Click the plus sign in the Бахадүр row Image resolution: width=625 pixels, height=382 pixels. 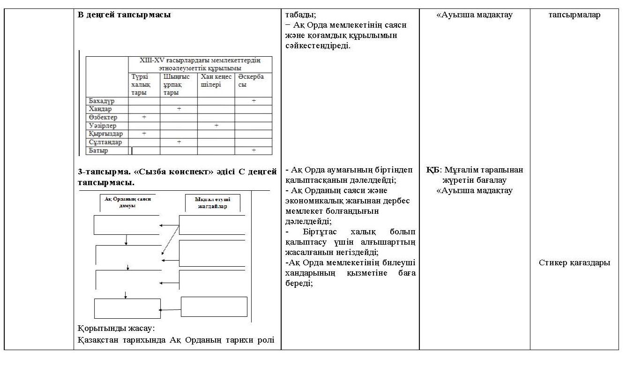(253, 101)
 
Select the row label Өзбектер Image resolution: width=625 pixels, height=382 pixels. (103, 117)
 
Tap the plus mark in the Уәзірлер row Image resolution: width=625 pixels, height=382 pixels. (216, 126)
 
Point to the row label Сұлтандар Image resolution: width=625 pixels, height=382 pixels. (105, 142)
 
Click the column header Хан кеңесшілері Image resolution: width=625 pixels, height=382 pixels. (216, 81)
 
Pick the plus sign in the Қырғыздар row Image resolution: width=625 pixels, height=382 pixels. (144, 134)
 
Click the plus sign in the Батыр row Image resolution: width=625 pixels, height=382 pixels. (253, 150)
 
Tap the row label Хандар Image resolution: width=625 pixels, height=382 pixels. (100, 109)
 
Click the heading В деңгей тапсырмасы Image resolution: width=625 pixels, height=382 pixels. (124, 15)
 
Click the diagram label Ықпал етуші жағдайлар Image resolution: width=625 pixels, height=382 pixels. (213, 202)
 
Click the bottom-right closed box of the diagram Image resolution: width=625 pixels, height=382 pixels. (214, 307)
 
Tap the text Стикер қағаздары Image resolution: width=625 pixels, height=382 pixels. (574, 262)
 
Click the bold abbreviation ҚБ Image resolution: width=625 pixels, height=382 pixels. (432, 170)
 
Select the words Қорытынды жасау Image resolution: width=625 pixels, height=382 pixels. (116, 328)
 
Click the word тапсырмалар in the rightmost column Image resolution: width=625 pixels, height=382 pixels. (574, 15)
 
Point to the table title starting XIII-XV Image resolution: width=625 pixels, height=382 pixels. (200, 64)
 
